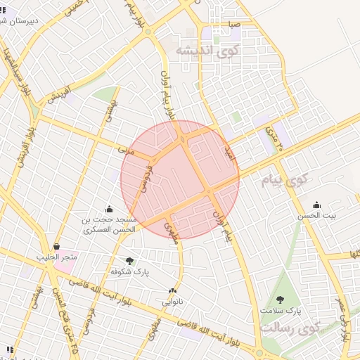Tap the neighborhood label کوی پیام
(288, 181)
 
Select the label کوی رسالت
(289, 328)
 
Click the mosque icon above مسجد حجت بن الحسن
(109, 209)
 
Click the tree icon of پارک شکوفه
(129, 261)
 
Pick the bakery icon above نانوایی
(172, 290)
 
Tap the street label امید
(228, 152)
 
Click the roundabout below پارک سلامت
(259, 353)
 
